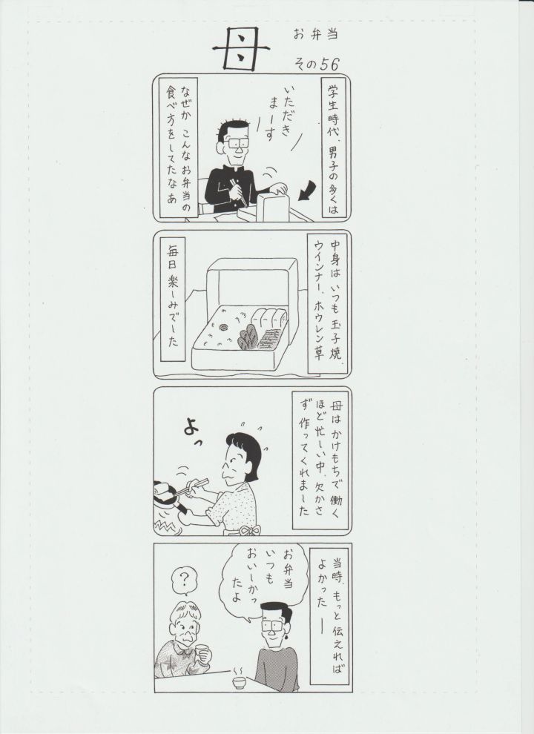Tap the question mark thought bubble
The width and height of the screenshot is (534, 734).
pos(184,581)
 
